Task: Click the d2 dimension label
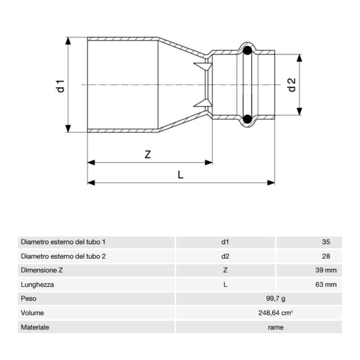point(292,85)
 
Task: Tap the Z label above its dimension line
point(147,155)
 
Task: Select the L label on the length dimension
point(180,174)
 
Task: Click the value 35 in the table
point(326,242)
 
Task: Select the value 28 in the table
point(326,256)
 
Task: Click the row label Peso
point(29,299)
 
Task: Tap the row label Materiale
point(35,327)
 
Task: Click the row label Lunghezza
point(37,285)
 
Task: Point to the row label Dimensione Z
point(42,270)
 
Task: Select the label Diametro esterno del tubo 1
point(63,242)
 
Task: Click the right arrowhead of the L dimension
point(272,183)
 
